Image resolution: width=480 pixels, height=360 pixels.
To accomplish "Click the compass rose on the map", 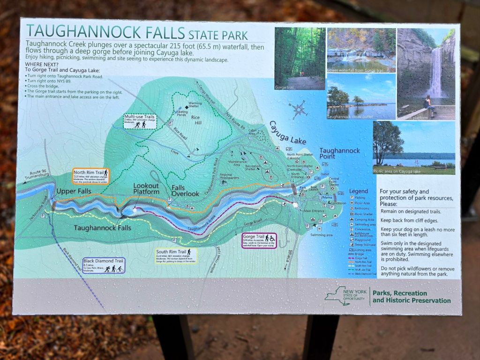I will point(299,110).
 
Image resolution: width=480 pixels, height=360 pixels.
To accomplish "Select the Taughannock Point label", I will point(339,154).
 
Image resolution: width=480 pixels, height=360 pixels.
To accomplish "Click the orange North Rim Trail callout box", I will point(91,176).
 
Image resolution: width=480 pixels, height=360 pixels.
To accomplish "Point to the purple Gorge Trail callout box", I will point(259,240).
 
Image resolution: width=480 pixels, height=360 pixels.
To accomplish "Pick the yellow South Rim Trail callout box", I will point(176,255).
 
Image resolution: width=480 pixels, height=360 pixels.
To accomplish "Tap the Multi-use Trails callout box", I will point(139,121).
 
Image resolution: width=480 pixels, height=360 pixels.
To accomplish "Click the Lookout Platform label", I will point(146,188).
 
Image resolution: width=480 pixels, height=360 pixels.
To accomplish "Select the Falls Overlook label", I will point(185,190).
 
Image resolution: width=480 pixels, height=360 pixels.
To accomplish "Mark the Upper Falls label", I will point(74,191).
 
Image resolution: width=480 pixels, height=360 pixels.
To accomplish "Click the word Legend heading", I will point(359,191).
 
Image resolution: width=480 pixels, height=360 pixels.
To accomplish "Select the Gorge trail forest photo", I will point(300,58).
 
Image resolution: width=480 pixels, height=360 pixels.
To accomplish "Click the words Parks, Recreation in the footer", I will point(400,293).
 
